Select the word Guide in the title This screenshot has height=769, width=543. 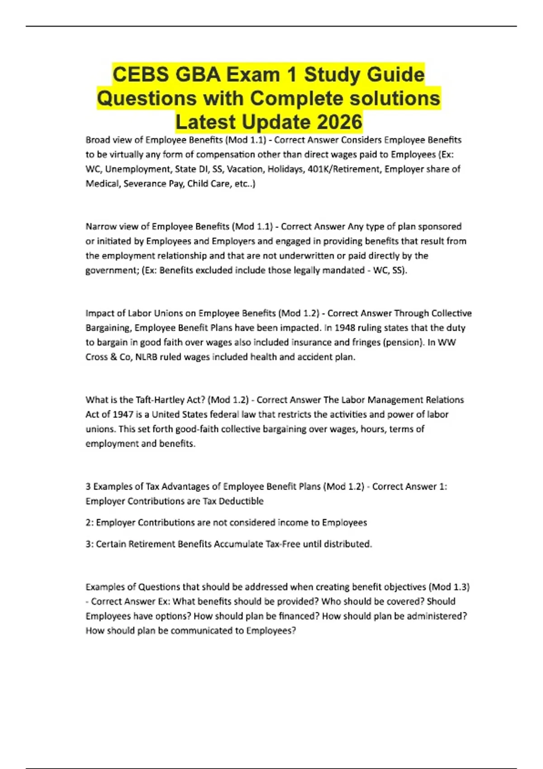pos(396,75)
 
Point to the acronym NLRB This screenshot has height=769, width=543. pos(148,357)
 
